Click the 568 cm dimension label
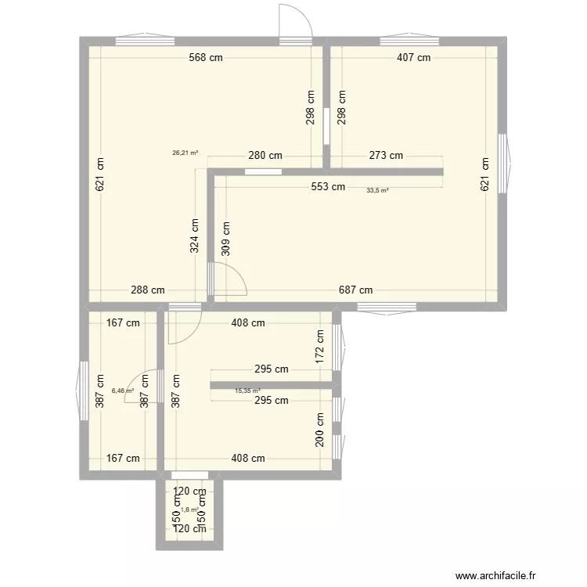[205, 57]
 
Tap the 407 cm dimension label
[412, 57]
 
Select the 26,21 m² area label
[185, 153]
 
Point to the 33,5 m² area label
[377, 190]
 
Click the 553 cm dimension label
[327, 186]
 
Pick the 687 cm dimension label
[355, 290]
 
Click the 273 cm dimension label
[385, 156]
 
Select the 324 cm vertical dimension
[194, 234]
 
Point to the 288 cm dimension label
[147, 290]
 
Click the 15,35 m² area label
[247, 391]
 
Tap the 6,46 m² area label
[123, 391]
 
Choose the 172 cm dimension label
[319, 344]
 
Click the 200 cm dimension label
[319, 430]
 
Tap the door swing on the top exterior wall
[297, 20]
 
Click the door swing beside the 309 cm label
[229, 278]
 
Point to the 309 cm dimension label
[226, 238]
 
